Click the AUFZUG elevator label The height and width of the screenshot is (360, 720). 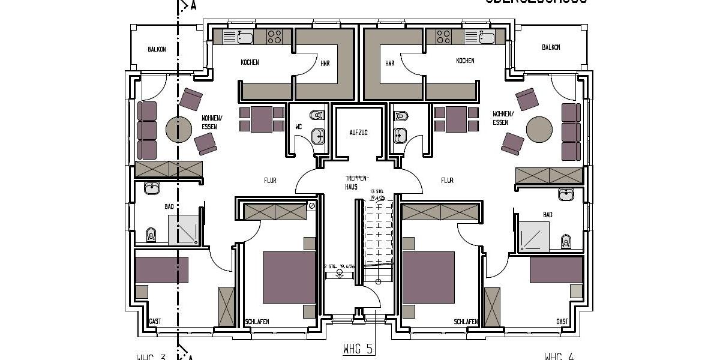coord(358,132)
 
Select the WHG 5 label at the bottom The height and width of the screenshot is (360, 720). coord(358,349)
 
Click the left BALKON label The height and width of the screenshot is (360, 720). coord(157,49)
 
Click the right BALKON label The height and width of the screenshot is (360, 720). coord(551,47)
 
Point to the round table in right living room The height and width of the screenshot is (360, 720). coord(539,128)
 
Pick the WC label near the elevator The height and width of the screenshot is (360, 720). coord(298,127)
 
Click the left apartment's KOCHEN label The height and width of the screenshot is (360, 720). coord(250,62)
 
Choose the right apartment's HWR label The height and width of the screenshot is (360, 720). coord(390,63)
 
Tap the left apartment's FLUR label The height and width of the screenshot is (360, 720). coord(270,180)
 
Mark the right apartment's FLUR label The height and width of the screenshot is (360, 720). coord(447,180)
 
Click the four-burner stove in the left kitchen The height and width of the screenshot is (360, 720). coord(275,37)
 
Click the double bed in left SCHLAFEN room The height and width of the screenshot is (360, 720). coord(289,277)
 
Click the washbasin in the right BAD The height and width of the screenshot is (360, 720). coord(566,194)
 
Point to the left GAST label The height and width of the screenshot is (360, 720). coord(155,322)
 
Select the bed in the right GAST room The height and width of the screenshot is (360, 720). coord(556,269)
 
